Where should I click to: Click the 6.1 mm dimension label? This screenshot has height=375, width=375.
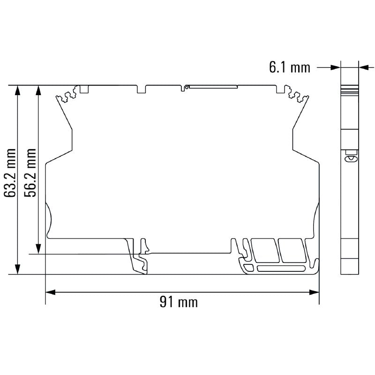(289, 67)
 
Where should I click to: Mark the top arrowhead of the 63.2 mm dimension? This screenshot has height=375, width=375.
(18, 90)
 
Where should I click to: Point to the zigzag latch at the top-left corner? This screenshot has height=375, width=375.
(66, 96)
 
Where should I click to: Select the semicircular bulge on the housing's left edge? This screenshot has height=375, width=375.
(48, 217)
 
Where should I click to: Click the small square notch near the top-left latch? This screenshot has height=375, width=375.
(84, 89)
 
